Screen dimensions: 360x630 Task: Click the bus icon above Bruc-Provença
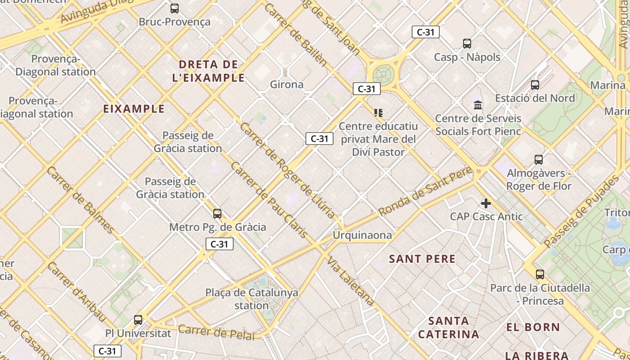coord(174,8)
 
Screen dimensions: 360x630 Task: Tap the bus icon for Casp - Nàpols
coord(467,44)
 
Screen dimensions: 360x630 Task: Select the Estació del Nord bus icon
coord(535,85)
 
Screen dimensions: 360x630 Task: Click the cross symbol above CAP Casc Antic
coord(486,203)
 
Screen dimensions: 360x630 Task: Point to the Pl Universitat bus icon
coord(138,320)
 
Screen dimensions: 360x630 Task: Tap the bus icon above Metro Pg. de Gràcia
coord(217,214)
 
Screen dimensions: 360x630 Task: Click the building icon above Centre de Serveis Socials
coord(478,105)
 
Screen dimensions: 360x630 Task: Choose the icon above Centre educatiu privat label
coord(378,112)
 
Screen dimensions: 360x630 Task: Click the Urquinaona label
coord(362,235)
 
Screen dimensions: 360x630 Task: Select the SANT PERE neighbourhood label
coord(422,259)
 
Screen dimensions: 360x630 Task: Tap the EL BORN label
coord(533,327)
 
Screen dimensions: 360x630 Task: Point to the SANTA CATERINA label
coord(448,328)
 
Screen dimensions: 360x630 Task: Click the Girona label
coord(287,84)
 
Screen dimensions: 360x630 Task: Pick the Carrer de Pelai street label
coord(216,332)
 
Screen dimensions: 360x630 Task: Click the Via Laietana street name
coord(351,281)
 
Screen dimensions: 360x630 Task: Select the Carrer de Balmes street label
coord(81,200)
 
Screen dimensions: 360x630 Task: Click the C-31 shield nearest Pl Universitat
coord(108,351)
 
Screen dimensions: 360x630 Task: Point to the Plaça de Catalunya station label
coord(252,299)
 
